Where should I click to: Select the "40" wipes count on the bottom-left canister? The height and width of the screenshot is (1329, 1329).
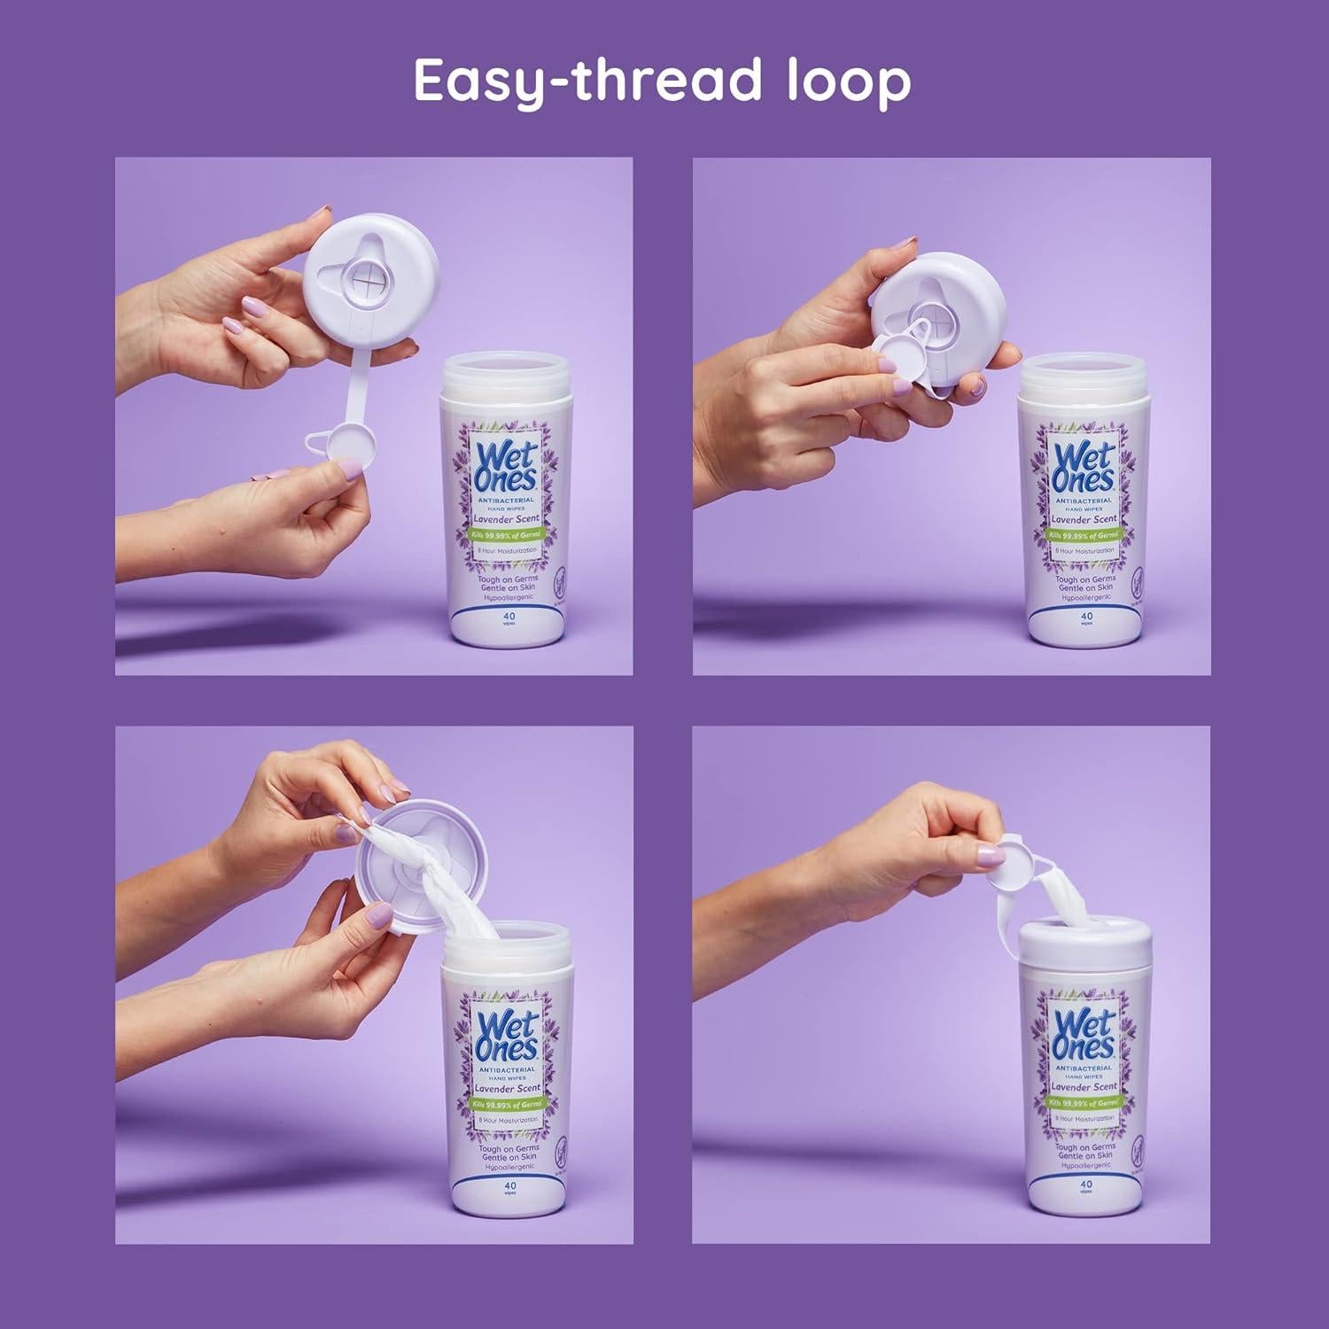click(509, 1185)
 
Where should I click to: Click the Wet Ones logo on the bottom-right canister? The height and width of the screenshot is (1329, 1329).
click(1084, 1032)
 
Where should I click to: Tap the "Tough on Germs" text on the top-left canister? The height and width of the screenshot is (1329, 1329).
click(508, 579)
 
